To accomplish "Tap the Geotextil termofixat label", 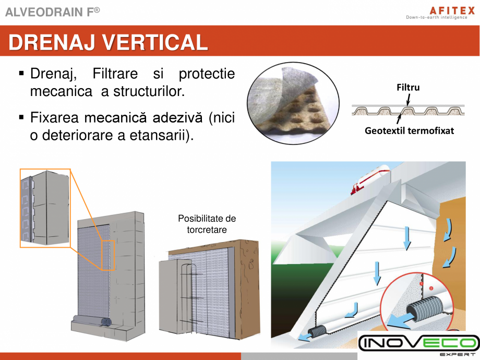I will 409,130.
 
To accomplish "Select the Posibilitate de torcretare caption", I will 207,224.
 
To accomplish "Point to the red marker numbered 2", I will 431,288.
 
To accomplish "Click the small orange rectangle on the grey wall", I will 108,255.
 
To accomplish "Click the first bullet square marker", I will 21,74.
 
